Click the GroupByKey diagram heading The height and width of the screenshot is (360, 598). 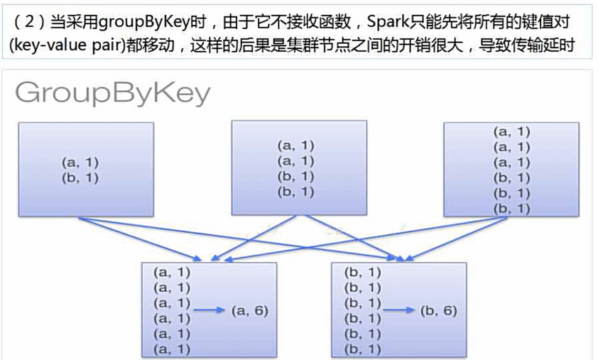(x=112, y=93)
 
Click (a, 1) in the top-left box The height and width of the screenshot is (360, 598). (x=80, y=163)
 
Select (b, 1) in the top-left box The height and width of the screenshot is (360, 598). (x=80, y=178)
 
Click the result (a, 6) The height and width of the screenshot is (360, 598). (x=250, y=310)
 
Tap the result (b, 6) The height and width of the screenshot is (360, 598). (x=439, y=310)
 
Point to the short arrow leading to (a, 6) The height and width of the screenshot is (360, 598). (x=210, y=310)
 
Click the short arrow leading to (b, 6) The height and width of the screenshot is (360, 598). (x=399, y=310)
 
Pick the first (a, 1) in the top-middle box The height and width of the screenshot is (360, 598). (x=295, y=146)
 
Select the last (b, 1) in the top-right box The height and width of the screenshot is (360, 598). (x=511, y=209)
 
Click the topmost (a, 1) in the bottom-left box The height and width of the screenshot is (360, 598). (x=172, y=272)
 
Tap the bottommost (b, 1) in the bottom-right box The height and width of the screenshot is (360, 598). (x=362, y=349)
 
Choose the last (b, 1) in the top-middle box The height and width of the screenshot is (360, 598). (x=295, y=192)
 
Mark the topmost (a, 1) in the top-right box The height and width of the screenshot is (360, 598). (x=511, y=131)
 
